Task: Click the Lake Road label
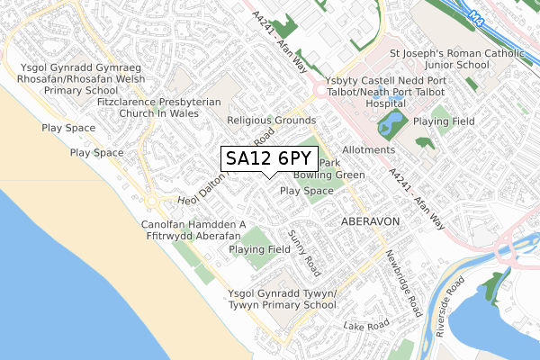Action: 364,324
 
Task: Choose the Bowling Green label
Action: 328,175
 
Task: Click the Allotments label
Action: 369,149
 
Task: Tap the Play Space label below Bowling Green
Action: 306,192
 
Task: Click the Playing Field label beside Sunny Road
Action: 259,249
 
